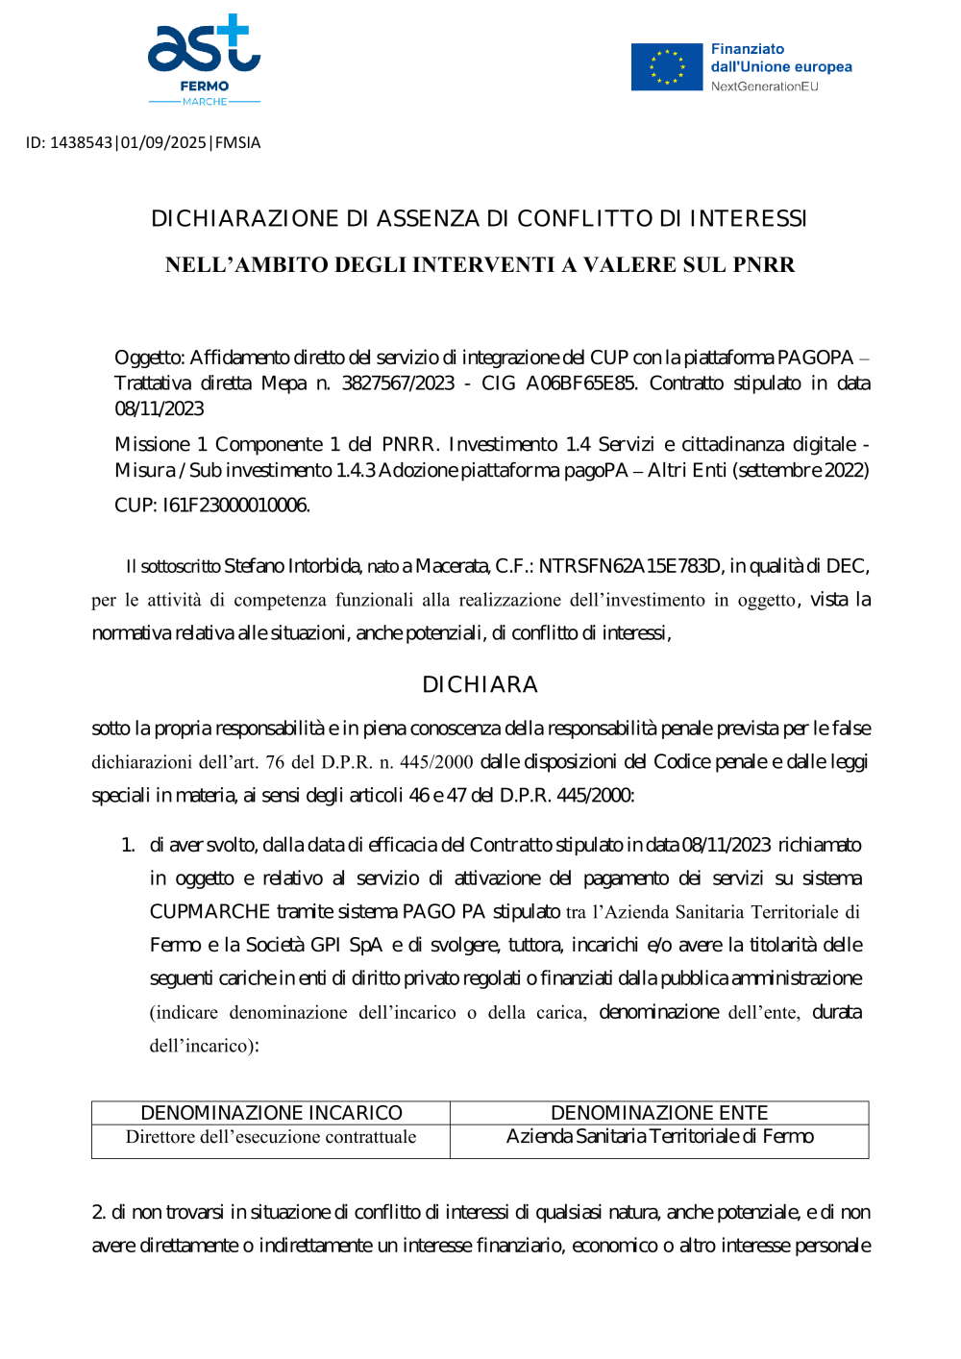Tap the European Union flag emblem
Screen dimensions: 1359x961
click(x=667, y=67)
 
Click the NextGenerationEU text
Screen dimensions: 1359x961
click(x=764, y=86)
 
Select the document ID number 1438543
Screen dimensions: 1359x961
click(x=81, y=142)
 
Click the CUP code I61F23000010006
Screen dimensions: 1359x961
click(x=235, y=506)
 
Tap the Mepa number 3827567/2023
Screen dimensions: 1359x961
click(x=398, y=383)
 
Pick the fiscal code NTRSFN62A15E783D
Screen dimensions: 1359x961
click(x=629, y=566)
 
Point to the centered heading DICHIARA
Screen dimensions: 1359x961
click(x=480, y=684)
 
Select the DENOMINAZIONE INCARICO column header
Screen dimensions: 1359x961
click(x=271, y=1113)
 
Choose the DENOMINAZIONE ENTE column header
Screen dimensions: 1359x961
click(x=659, y=1113)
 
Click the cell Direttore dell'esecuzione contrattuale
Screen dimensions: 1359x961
click(x=271, y=1137)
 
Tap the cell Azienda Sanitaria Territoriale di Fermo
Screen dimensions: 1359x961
click(x=659, y=1137)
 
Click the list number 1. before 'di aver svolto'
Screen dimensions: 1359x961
click(x=128, y=845)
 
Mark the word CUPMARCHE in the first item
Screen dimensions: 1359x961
click(x=209, y=911)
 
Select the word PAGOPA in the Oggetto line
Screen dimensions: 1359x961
click(x=815, y=358)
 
